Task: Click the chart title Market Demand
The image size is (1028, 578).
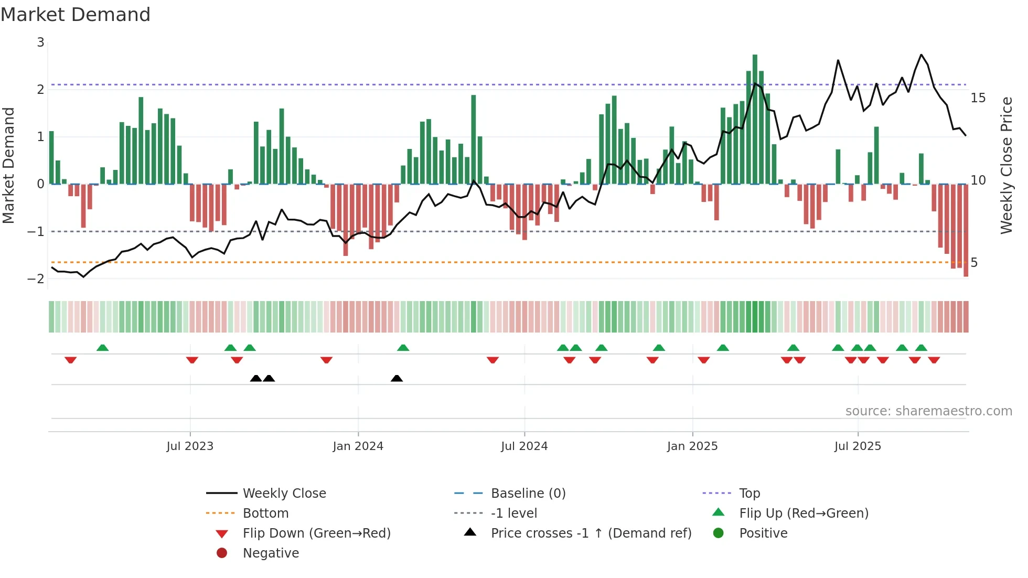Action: [76, 15]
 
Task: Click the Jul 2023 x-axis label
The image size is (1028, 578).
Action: [190, 446]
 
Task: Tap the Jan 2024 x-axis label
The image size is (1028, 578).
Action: [358, 446]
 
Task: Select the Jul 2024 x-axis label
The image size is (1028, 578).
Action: [524, 446]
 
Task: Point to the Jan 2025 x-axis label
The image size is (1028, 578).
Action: [692, 446]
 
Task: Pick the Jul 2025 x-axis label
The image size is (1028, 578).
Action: [858, 446]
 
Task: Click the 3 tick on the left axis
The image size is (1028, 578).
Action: [40, 42]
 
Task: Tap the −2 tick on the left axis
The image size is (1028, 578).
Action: [36, 279]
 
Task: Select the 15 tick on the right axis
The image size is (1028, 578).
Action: [978, 98]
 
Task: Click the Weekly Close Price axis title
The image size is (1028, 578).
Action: [1006, 165]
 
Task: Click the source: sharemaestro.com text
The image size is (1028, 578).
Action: [928, 411]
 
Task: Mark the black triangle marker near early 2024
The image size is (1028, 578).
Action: [397, 379]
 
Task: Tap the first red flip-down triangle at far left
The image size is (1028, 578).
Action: [71, 360]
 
